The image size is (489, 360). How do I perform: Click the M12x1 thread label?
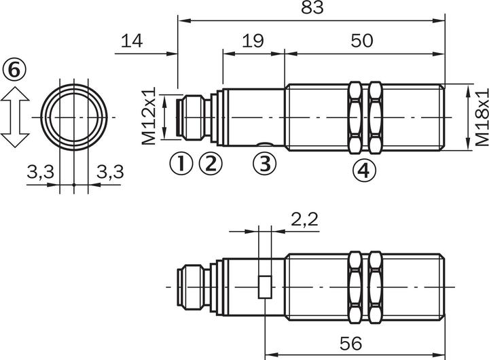149,115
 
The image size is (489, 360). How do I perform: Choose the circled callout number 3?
266,163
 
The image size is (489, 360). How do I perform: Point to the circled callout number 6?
14,69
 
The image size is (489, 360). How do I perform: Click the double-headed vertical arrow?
15,117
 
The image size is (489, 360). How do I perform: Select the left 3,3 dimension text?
41,174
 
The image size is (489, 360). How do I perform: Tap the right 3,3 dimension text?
109,174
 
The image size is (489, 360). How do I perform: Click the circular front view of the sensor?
73,117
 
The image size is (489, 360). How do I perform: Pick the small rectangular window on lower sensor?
265,287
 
